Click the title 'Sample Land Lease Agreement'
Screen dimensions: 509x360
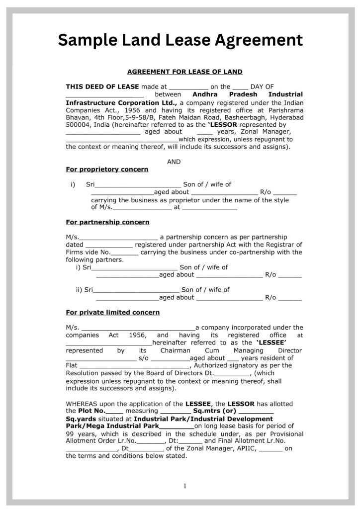pyautogui.click(x=180, y=39)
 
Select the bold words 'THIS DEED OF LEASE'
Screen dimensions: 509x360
pyautogui.click(x=102, y=86)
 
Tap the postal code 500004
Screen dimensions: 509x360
pyautogui.click(x=78, y=125)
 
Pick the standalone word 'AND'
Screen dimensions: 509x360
pyautogui.click(x=174, y=162)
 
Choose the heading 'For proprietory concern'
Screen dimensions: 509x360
pyautogui.click(x=107, y=170)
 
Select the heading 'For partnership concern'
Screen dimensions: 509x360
pyautogui.click(x=107, y=222)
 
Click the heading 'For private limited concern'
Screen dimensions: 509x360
pyautogui.click(x=113, y=313)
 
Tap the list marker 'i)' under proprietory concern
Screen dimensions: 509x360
pyautogui.click(x=73, y=184)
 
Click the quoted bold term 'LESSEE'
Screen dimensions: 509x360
pyautogui.click(x=271, y=343)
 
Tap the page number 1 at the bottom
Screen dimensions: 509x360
pyautogui.click(x=184, y=486)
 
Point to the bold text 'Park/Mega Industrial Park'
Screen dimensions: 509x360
pyautogui.click(x=112, y=426)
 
